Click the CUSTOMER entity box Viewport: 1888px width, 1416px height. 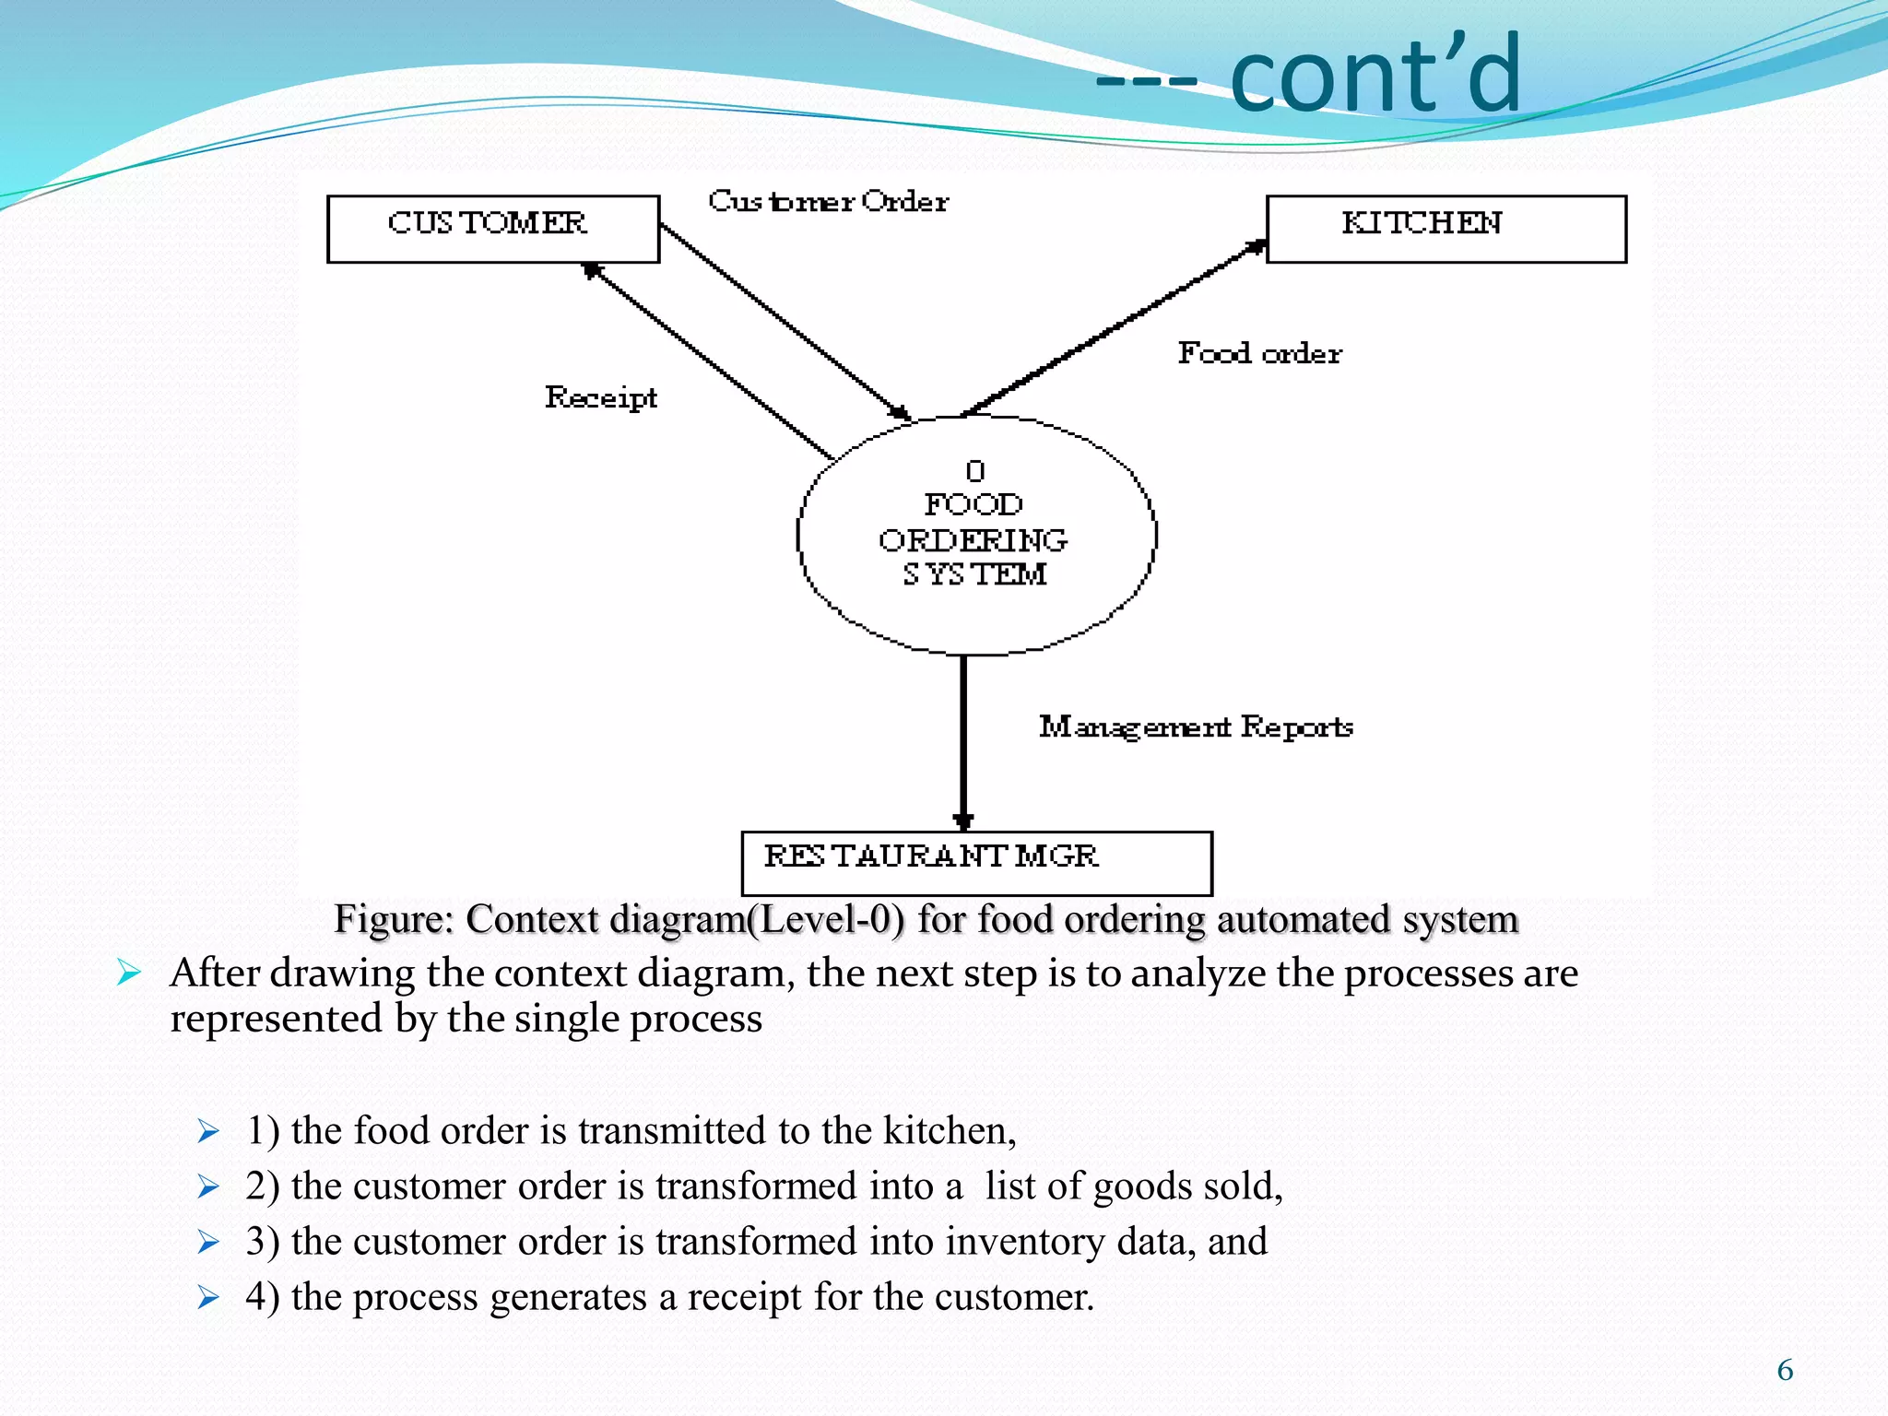[493, 229]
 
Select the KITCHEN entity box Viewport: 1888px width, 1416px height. [1445, 229]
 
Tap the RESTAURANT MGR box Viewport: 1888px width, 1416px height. [976, 863]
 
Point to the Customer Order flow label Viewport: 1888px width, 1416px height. [828, 201]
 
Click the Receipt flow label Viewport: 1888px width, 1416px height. [601, 397]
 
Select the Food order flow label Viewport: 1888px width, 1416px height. [1259, 353]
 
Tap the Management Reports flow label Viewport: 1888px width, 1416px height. [1196, 726]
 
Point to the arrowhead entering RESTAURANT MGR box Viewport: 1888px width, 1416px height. [963, 821]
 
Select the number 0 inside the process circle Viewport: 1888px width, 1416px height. [975, 471]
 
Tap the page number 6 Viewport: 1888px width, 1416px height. [1785, 1370]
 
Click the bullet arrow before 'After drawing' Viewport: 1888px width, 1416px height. [129, 973]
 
